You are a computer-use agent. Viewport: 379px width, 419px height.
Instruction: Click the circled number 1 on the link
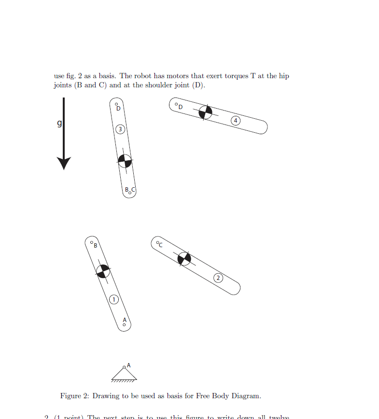point(114,300)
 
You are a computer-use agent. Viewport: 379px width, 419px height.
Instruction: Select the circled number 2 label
point(218,278)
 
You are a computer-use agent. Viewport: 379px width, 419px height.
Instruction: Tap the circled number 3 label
point(120,129)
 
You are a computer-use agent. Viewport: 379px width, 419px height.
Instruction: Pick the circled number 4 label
point(235,120)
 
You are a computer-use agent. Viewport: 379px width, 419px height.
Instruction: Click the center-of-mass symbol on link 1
point(103,271)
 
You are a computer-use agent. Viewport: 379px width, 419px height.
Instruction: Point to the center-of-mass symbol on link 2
point(184,259)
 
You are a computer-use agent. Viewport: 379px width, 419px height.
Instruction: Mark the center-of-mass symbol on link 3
point(125,161)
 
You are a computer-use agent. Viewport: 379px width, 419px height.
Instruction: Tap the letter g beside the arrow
point(59,124)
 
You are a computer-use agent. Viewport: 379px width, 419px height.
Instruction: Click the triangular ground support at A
point(124,374)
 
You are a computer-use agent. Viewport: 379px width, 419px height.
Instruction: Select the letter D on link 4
point(181,107)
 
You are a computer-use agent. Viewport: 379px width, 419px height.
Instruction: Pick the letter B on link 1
point(95,245)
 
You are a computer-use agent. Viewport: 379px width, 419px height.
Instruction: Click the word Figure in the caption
point(70,396)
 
